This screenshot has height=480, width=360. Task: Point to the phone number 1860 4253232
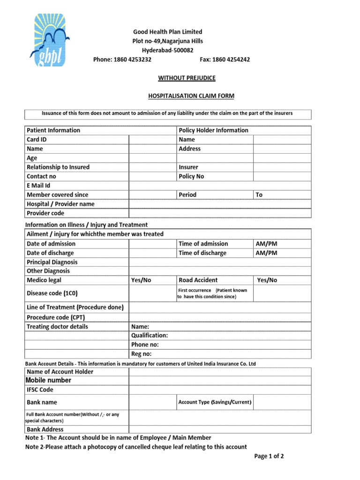[x=122, y=60]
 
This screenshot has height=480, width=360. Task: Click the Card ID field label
[x=37, y=139]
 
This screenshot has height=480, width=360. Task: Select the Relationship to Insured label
[x=58, y=167]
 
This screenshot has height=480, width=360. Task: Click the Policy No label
[x=191, y=176]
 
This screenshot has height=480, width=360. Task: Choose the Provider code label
[x=45, y=213]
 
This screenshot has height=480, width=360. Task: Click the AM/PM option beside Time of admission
[x=267, y=244]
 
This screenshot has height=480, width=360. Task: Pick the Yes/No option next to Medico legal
[x=141, y=280]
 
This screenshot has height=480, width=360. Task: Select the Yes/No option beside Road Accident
[x=267, y=280]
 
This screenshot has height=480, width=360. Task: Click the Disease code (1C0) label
[x=52, y=293]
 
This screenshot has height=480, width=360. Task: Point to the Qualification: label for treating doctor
[x=150, y=336]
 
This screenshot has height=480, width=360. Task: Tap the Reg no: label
[x=142, y=354]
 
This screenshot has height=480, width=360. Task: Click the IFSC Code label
[x=40, y=390]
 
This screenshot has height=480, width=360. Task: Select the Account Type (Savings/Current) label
[x=215, y=402]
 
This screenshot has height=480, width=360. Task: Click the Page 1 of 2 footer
[x=269, y=456]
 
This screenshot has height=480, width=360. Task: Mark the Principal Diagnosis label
[x=52, y=262]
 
